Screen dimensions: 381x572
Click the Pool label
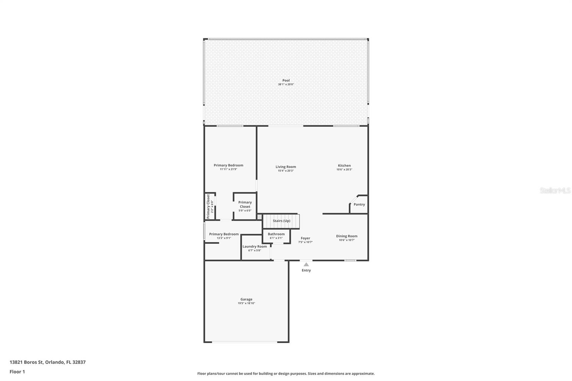[x=286, y=80]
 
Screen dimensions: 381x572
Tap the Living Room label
[x=286, y=167]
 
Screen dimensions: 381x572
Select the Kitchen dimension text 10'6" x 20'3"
[x=344, y=169]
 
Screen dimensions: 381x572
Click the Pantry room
[x=359, y=204]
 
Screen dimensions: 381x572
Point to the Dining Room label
[x=346, y=236]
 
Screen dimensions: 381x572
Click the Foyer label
[x=305, y=238]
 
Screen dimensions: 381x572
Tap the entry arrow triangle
[x=306, y=264]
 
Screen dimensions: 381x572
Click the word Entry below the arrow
[x=306, y=271]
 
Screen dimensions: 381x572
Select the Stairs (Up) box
[x=281, y=221]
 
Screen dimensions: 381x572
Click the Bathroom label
[x=276, y=234]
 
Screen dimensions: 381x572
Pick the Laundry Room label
[x=255, y=246]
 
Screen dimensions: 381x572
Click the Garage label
[x=246, y=299]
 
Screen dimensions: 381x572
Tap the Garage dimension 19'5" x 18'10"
[x=246, y=303]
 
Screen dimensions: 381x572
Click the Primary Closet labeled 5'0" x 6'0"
[x=245, y=206]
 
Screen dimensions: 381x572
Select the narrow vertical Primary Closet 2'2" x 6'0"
[x=209, y=207]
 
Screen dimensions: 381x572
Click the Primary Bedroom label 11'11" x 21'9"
[x=228, y=165]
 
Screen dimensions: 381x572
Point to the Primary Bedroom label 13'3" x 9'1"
[x=224, y=234]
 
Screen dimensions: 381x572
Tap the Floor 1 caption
[x=17, y=372]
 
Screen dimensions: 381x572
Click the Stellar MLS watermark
[x=555, y=190]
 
